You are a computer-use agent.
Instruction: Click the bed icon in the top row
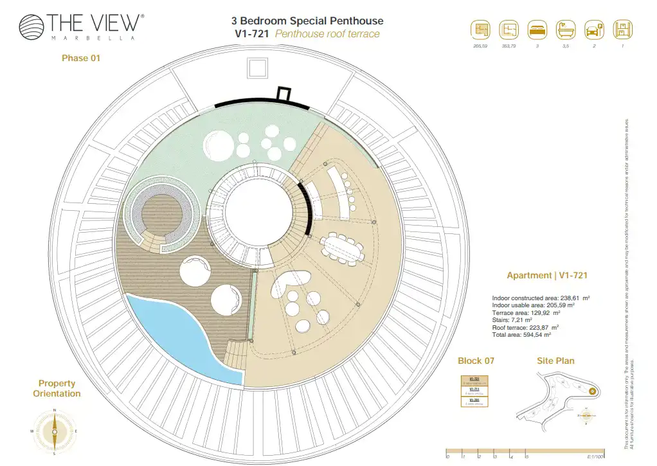pos(537,30)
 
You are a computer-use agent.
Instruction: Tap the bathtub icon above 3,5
pos(566,30)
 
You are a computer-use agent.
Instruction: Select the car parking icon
pos(594,30)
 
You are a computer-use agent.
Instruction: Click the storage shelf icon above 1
pos(622,30)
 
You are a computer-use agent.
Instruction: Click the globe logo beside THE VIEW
pos(32,27)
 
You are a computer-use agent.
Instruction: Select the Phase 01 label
pos(81,58)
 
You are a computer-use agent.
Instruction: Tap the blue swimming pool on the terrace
pos(180,337)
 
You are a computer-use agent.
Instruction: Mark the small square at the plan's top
pos(257,67)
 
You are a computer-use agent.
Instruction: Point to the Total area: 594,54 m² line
pos(521,335)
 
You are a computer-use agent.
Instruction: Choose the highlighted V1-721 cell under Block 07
pos(475,381)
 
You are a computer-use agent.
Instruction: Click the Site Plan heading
pos(555,361)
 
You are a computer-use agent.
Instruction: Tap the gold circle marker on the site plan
pos(592,390)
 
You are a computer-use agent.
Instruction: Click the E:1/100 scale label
pos(595,456)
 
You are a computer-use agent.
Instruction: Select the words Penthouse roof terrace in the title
pos(327,34)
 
